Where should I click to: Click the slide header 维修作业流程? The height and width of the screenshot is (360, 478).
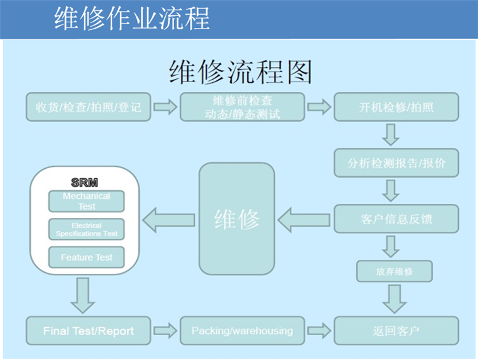pyautogui.click(x=132, y=19)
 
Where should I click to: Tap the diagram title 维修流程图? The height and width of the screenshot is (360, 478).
pyautogui.click(x=240, y=73)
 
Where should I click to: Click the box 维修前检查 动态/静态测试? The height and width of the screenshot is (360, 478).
pyautogui.click(x=242, y=107)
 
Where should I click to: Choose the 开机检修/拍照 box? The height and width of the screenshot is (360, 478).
pyautogui.click(x=396, y=107)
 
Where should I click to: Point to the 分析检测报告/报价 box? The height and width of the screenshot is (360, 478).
pyautogui.click(x=396, y=163)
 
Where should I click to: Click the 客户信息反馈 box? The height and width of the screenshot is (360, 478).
pyautogui.click(x=396, y=219)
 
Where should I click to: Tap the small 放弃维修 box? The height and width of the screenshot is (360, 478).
pyautogui.click(x=394, y=271)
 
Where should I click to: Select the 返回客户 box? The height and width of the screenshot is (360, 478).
pyautogui.click(x=396, y=331)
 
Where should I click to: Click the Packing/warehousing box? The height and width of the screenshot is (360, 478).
pyautogui.click(x=242, y=331)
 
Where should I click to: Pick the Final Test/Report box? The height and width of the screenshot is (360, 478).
pyautogui.click(x=89, y=331)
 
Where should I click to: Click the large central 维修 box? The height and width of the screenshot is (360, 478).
pyautogui.click(x=236, y=220)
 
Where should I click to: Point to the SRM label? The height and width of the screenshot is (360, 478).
pyautogui.click(x=85, y=183)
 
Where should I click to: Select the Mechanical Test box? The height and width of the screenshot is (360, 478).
pyautogui.click(x=87, y=201)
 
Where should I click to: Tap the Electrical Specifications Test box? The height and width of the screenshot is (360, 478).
pyautogui.click(x=87, y=229)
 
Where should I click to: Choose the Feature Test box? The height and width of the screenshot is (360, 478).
pyautogui.click(x=87, y=257)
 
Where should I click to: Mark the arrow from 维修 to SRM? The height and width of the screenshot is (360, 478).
pyautogui.click(x=169, y=220)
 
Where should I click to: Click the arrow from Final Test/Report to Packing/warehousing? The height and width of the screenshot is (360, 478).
pyautogui.click(x=165, y=331)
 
